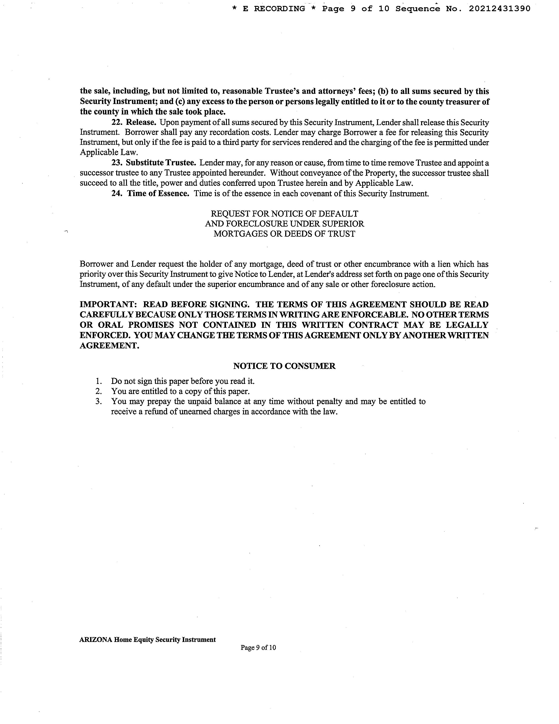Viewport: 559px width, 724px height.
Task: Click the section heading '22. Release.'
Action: click(x=134, y=122)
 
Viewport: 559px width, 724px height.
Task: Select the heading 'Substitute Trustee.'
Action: click(x=161, y=163)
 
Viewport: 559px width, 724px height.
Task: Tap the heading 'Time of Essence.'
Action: click(x=158, y=193)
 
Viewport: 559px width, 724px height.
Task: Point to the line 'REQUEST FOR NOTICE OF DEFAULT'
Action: click(x=285, y=214)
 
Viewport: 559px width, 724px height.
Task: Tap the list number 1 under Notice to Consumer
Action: click(x=98, y=381)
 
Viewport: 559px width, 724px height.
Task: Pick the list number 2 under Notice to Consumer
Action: click(x=98, y=391)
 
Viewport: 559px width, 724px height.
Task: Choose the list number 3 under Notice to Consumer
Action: click(x=98, y=401)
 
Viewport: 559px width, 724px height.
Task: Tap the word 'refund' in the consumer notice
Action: click(x=156, y=412)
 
